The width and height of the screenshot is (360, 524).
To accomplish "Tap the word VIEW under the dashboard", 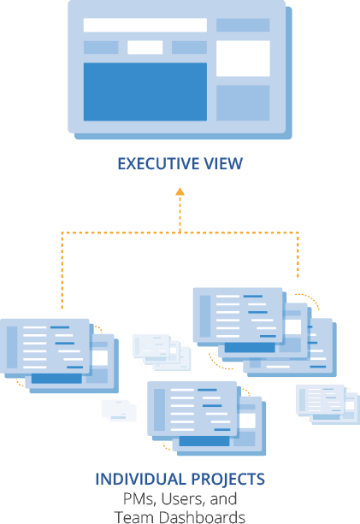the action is point(223,164).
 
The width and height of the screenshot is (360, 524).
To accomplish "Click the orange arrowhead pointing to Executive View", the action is point(180,191).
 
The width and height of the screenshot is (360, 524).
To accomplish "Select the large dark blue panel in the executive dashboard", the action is point(145,91).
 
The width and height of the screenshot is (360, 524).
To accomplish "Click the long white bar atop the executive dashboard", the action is point(145,25).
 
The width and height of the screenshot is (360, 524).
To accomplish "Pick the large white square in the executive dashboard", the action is point(243,58).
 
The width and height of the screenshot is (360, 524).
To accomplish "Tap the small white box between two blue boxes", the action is point(145,48).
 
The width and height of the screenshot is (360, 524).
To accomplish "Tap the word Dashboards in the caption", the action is point(202,516).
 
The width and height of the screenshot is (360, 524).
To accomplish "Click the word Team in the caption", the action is point(134,516).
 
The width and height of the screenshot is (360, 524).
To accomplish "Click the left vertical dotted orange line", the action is point(62,270).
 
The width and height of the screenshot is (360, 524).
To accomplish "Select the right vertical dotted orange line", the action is point(298,255).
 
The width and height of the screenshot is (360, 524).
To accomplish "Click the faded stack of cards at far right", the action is point(328,404).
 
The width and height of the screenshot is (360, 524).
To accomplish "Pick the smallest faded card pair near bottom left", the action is point(119,410).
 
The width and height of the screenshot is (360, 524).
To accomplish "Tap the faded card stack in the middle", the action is point(162,352).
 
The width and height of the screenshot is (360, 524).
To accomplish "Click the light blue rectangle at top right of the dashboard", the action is point(243,25).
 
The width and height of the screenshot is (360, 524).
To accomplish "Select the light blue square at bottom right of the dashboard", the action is point(243,103).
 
